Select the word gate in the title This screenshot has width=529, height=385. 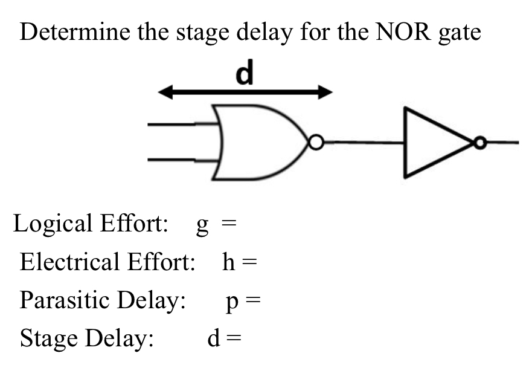point(460,33)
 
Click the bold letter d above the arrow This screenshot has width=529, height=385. point(245,74)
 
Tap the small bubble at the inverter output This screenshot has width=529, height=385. point(479,143)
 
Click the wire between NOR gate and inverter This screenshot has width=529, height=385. point(362,143)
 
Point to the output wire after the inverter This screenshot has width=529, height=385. point(501,143)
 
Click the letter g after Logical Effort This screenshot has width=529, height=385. point(203,225)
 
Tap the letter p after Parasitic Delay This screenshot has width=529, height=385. point(232,302)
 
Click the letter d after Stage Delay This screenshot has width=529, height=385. point(213,339)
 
